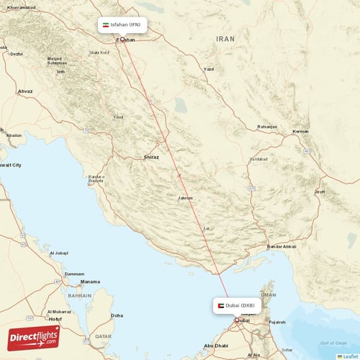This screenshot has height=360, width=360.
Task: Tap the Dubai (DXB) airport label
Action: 240,305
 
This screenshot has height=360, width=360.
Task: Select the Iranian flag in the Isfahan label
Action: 106,24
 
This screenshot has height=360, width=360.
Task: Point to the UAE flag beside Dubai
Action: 220,305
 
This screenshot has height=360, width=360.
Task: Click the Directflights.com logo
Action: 34,338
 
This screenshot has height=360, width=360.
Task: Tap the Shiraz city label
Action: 151,156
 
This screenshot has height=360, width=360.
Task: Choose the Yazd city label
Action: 209,69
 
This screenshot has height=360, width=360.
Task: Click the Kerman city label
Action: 301,132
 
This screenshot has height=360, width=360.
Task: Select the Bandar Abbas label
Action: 282,247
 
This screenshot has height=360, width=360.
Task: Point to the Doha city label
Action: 116,315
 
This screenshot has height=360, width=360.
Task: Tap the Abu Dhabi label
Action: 216,346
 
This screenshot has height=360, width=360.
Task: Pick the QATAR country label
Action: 103,336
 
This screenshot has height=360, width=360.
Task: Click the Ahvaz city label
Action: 24,91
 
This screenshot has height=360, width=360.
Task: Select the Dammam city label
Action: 75,274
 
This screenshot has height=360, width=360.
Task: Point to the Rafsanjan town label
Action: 267,127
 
